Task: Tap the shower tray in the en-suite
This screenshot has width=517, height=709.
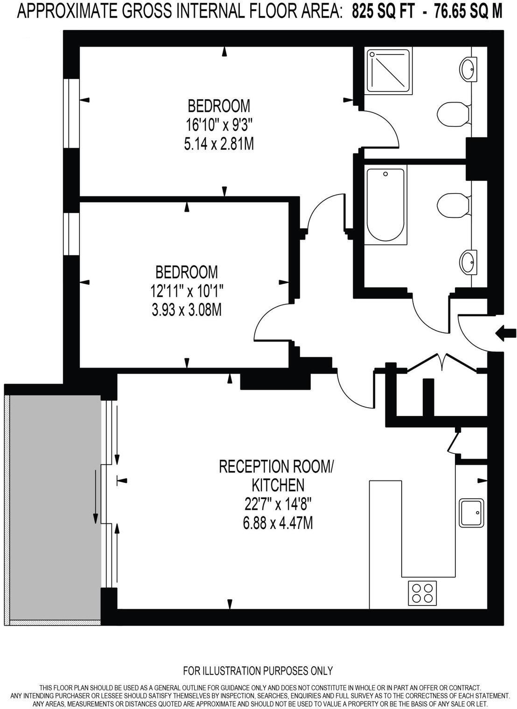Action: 390,70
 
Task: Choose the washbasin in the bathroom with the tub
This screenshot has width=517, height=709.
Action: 468,262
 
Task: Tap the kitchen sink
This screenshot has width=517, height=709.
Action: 471,513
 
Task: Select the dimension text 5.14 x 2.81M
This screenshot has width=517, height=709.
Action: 219,144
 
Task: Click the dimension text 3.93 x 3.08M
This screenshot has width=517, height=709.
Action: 187,309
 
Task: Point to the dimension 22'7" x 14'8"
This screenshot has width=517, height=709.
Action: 278,504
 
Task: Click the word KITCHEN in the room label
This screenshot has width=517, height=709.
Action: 278,485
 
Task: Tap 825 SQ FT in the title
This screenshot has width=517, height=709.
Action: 383,12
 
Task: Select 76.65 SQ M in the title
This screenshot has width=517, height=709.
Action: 468,12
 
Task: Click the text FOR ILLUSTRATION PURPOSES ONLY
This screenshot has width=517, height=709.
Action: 258,671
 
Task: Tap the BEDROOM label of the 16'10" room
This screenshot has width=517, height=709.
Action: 219,106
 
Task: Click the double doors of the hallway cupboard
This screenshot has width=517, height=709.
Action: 442,363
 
